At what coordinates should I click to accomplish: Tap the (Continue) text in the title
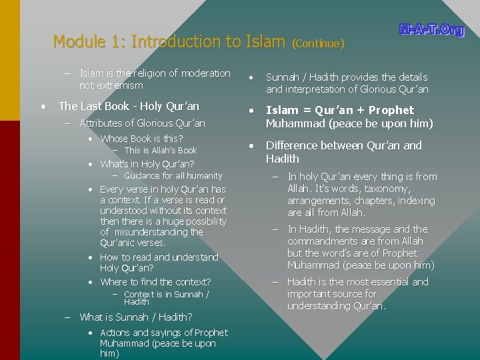click(x=318, y=44)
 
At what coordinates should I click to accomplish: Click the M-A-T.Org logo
click(x=431, y=30)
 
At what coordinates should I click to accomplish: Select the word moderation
click(x=202, y=73)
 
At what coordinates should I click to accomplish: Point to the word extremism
click(x=120, y=85)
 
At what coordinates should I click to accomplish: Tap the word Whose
click(x=114, y=139)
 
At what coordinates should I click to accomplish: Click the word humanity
click(x=202, y=176)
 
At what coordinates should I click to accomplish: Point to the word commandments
click(x=323, y=241)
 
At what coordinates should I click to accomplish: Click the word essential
click(x=387, y=282)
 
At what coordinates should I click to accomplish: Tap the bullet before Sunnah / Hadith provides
click(x=250, y=77)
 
